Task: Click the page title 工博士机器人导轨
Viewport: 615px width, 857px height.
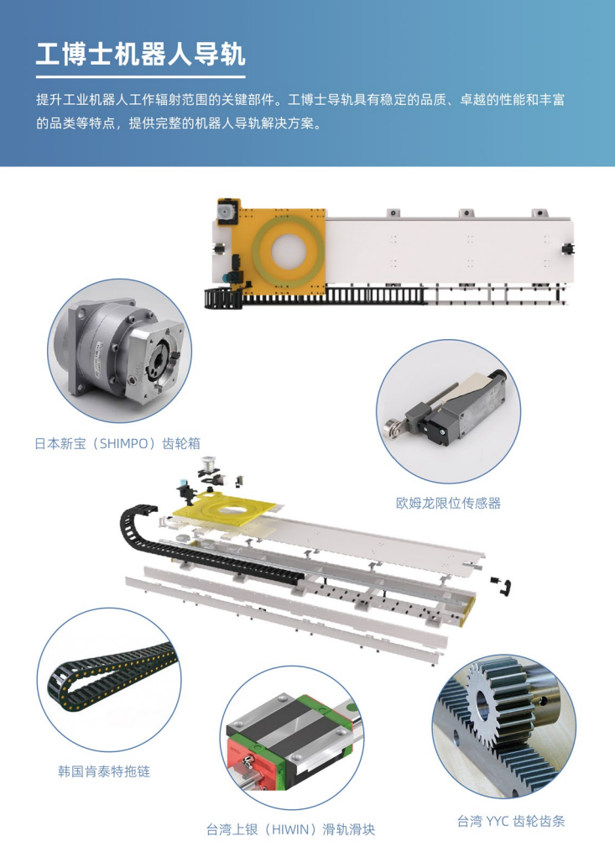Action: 140,54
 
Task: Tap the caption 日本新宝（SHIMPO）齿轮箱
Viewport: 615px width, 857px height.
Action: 117,443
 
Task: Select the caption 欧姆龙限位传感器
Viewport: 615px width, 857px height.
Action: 448,503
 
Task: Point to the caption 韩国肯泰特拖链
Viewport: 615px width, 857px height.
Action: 104,771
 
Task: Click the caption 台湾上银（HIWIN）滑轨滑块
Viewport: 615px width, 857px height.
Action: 290,829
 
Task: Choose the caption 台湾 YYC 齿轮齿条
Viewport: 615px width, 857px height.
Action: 511,820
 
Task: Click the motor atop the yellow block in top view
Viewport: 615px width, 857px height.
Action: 227,212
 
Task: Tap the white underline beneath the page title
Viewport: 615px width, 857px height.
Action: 140,77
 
